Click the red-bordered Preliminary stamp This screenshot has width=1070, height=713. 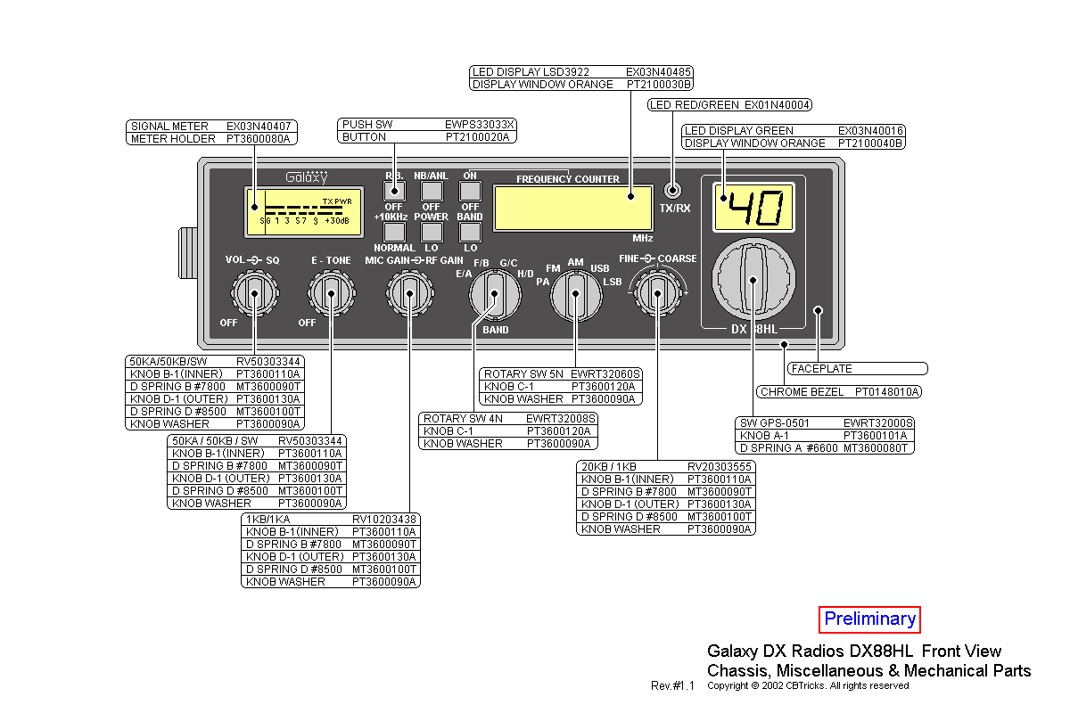[x=869, y=619]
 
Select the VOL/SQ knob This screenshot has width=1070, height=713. [x=254, y=291]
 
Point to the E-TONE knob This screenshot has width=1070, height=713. [x=331, y=291]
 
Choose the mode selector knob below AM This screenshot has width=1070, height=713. [x=575, y=295]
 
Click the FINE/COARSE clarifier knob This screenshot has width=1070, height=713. [x=657, y=291]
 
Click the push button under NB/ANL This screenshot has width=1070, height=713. [x=432, y=190]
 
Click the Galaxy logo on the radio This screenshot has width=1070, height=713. [x=306, y=177]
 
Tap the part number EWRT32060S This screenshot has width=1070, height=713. [x=606, y=374]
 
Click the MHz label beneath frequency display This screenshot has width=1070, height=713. [x=643, y=239]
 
